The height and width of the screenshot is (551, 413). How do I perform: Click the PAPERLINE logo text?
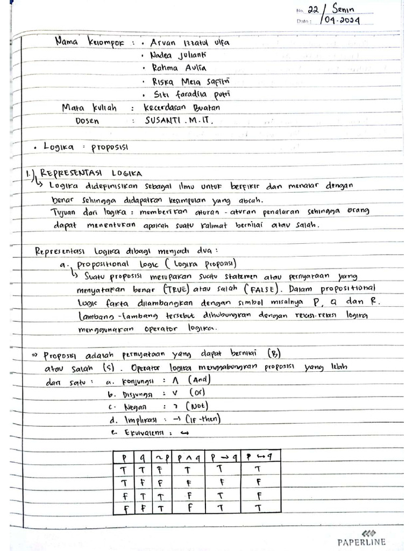361,542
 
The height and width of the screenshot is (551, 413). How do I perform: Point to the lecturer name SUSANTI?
163,121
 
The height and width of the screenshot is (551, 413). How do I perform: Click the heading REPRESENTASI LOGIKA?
91,173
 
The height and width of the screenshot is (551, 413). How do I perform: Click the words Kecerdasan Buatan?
182,107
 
